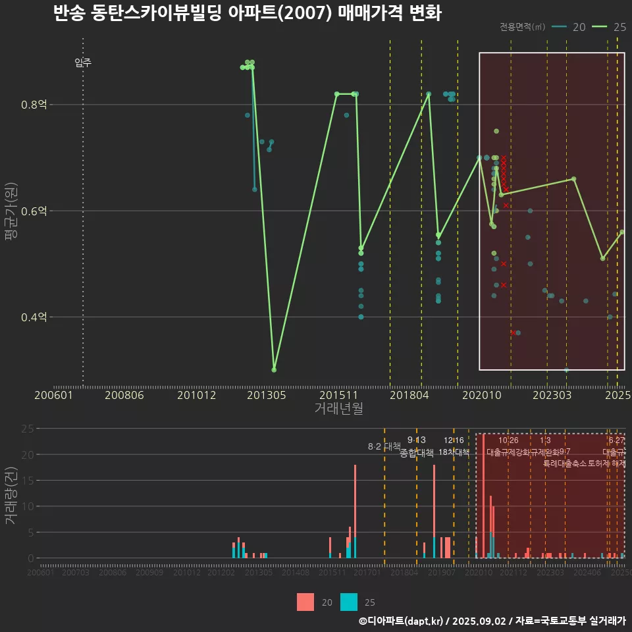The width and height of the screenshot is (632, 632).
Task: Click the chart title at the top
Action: tap(247, 14)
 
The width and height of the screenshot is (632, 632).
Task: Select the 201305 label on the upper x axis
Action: tap(267, 396)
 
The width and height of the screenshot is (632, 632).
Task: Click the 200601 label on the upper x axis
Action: tap(53, 396)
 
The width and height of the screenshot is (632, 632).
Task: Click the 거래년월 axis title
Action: tap(338, 409)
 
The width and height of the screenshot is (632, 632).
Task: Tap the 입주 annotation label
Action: tap(83, 63)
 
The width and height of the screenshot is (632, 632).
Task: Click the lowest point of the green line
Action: tap(274, 369)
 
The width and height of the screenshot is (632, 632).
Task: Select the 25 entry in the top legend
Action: tap(610, 27)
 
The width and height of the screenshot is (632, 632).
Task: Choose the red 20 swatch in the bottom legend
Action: tap(305, 602)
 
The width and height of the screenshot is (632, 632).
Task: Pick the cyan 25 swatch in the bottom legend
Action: tap(349, 602)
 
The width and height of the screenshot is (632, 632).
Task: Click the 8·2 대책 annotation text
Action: tap(384, 446)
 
